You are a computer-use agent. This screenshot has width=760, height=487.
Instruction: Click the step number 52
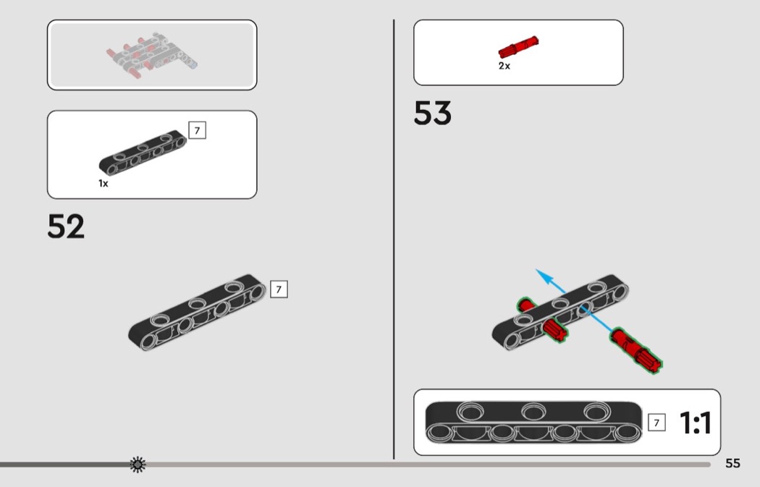[66, 226]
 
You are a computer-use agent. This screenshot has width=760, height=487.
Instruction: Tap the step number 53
[432, 114]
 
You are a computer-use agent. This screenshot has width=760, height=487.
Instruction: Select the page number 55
[732, 463]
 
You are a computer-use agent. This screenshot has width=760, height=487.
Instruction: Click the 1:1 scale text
[695, 423]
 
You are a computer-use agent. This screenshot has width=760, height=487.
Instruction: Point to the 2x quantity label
[504, 66]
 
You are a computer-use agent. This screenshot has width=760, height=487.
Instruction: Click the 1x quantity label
[104, 184]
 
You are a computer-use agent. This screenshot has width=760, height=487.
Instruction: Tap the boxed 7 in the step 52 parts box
[197, 130]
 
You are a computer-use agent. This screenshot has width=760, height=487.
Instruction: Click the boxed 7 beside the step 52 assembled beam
[279, 289]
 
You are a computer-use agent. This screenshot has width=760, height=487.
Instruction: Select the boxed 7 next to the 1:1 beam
[656, 423]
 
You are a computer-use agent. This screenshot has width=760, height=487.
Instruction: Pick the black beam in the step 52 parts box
[143, 153]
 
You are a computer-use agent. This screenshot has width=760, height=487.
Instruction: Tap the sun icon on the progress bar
[137, 465]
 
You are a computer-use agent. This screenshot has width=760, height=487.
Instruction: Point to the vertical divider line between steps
[394, 239]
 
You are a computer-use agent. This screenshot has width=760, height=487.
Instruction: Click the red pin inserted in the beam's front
[555, 331]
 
